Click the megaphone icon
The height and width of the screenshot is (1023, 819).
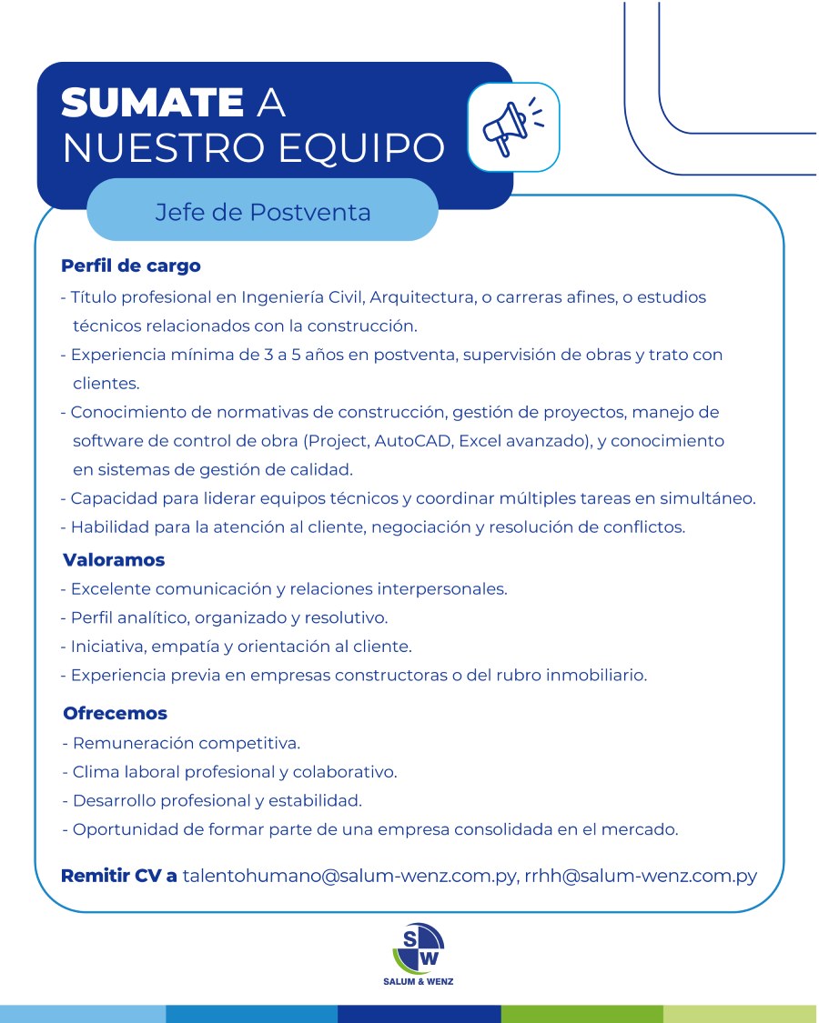click(512, 127)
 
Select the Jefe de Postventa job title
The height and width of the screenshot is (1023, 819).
click(263, 213)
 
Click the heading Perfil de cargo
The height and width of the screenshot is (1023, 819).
click(130, 266)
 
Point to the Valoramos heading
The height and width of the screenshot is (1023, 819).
click(114, 560)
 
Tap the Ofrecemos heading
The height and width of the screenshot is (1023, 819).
click(116, 714)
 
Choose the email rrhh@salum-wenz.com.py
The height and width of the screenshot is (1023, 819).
click(641, 878)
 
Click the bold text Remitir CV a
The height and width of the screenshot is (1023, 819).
click(118, 878)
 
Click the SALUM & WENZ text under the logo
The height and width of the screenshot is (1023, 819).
click(418, 982)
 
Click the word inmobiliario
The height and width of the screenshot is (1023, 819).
click(596, 676)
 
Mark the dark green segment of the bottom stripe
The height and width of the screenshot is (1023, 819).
click(581, 1014)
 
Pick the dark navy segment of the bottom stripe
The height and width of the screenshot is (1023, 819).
click(419, 1014)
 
